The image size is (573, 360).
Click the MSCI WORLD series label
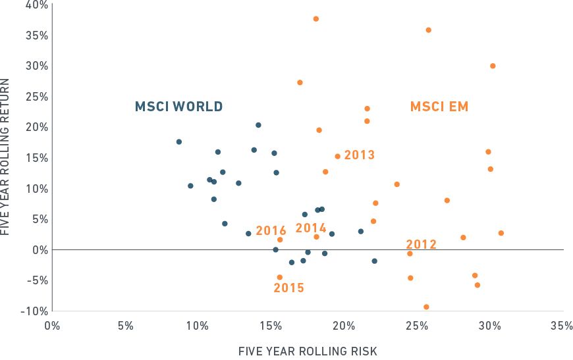pyautogui.click(x=178, y=107)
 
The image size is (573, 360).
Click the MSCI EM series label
pyautogui.click(x=439, y=107)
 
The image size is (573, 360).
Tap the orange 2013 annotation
pyautogui.click(x=359, y=155)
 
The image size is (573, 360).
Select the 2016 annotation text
pyautogui.click(x=271, y=231)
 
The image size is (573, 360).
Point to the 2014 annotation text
pyautogui.click(x=311, y=228)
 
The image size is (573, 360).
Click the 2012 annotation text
pyautogui.click(x=422, y=245)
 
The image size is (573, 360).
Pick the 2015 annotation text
pyautogui.click(x=289, y=288)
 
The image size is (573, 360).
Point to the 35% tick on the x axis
pyautogui.click(x=562, y=326)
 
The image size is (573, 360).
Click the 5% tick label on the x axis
pyautogui.click(x=125, y=326)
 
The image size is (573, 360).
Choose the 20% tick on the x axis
pyautogui.click(x=343, y=326)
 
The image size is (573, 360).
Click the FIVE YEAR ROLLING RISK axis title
pyautogui.click(x=308, y=351)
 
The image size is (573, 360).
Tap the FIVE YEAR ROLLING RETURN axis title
pyautogui.click(x=6, y=157)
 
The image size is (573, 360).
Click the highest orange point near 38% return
pyautogui.click(x=315, y=18)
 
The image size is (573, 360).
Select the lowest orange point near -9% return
pyautogui.click(x=426, y=307)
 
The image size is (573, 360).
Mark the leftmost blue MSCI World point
pyautogui.click(x=179, y=141)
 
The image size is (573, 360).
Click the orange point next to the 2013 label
pyautogui.click(x=337, y=157)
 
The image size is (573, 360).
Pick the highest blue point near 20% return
pyautogui.click(x=258, y=125)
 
